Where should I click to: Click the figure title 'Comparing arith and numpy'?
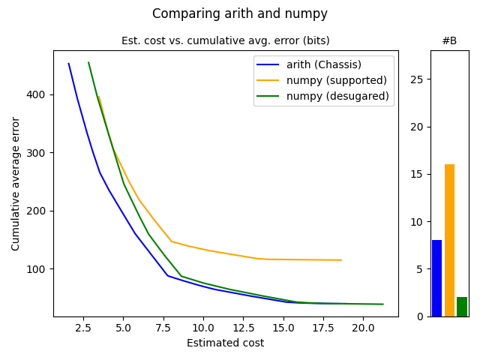240,13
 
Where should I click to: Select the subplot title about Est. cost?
226,40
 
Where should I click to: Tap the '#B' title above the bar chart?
449,40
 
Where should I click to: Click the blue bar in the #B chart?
437,278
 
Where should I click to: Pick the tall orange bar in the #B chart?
449,240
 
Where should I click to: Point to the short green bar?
462,307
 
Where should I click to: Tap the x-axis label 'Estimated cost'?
226,343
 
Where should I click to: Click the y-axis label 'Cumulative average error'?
16,184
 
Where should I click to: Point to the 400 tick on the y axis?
39,94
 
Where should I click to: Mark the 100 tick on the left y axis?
39,268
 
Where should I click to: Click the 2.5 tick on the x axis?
83,328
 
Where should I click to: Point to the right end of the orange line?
341,260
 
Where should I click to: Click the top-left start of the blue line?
69,64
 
